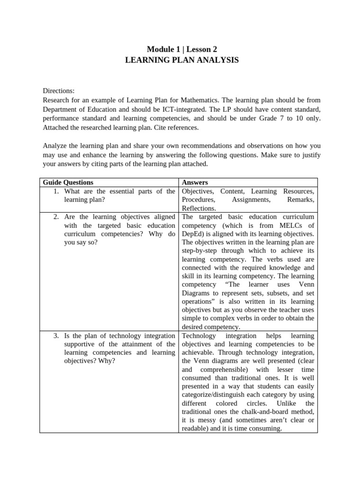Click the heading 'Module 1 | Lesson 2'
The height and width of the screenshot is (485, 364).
(182, 49)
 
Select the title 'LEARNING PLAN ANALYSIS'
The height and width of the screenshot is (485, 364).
(182, 60)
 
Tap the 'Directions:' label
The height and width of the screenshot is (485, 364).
(59, 91)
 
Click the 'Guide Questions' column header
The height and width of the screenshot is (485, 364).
(68, 182)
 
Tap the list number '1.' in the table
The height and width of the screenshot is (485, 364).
(56, 191)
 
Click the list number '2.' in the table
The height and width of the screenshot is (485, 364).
(56, 216)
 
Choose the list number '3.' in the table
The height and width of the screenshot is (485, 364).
(56, 336)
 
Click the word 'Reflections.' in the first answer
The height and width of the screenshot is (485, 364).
(199, 208)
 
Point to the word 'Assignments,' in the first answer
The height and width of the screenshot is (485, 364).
(251, 200)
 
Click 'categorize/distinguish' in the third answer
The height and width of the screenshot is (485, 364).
(213, 395)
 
